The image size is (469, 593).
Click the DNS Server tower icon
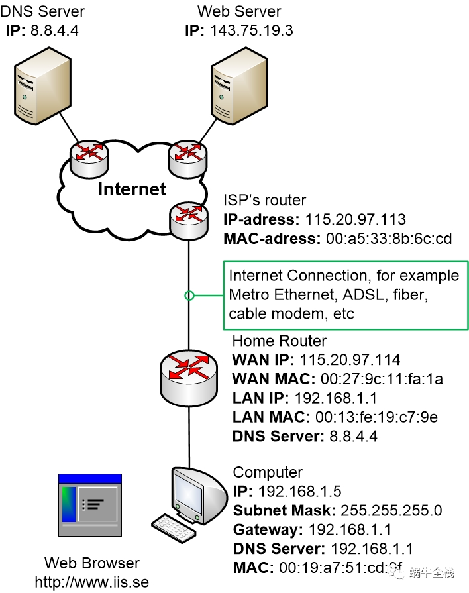[42, 86]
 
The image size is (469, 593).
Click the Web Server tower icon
[239, 86]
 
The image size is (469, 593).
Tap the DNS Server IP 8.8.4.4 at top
[54, 30]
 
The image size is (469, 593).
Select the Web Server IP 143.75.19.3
[252, 30]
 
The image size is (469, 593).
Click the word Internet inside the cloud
[132, 189]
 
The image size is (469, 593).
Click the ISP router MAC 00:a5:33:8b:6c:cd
[389, 239]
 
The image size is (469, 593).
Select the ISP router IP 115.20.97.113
[355, 219]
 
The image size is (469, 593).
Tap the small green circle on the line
[189, 296]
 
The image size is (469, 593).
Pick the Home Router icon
[189, 378]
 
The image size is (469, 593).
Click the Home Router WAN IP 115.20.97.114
[350, 360]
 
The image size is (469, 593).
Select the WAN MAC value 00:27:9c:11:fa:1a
[382, 379]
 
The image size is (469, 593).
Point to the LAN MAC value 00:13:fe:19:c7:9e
[377, 417]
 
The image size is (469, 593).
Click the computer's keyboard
[174, 528]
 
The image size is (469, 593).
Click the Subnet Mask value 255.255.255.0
[391, 511]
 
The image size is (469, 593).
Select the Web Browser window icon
[90, 505]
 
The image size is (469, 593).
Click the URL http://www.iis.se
[92, 582]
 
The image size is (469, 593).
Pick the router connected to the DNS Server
[89, 158]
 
